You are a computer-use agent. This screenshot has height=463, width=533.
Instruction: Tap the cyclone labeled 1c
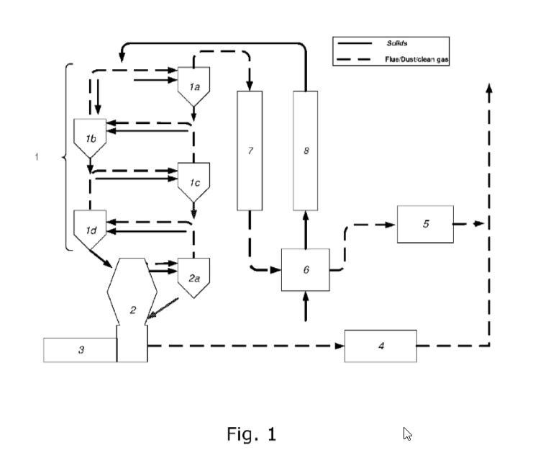(193, 181)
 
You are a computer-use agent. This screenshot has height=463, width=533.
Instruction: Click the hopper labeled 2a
(193, 276)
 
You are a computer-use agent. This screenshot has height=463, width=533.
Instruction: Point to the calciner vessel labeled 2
(132, 302)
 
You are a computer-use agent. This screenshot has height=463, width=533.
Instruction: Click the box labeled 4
(381, 346)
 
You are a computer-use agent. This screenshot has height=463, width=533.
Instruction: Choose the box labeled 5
(425, 224)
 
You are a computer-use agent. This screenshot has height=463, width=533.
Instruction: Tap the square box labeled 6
(306, 269)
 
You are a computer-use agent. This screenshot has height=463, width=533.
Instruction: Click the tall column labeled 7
(250, 150)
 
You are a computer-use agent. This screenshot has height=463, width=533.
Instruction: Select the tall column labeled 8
(306, 150)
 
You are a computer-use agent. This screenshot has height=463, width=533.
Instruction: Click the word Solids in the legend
(397, 45)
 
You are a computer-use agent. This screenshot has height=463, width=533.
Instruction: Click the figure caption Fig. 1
(251, 433)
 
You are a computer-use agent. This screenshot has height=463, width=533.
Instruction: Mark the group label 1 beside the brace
(37, 156)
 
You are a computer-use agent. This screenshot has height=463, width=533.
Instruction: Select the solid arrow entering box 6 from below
(306, 305)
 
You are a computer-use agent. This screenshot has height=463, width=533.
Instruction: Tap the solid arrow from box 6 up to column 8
(306, 228)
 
